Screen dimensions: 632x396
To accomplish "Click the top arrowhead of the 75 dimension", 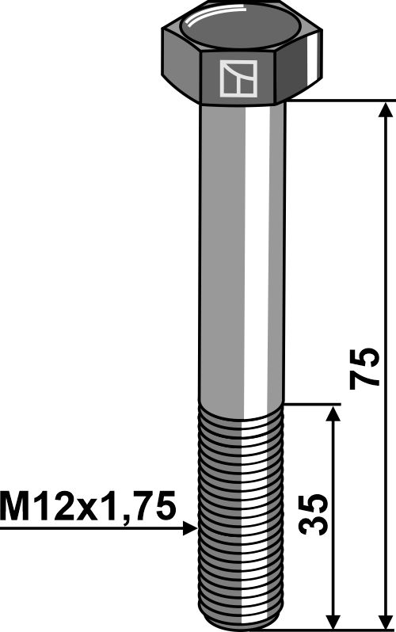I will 385,109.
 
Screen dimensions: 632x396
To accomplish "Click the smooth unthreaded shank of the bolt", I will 242,253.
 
